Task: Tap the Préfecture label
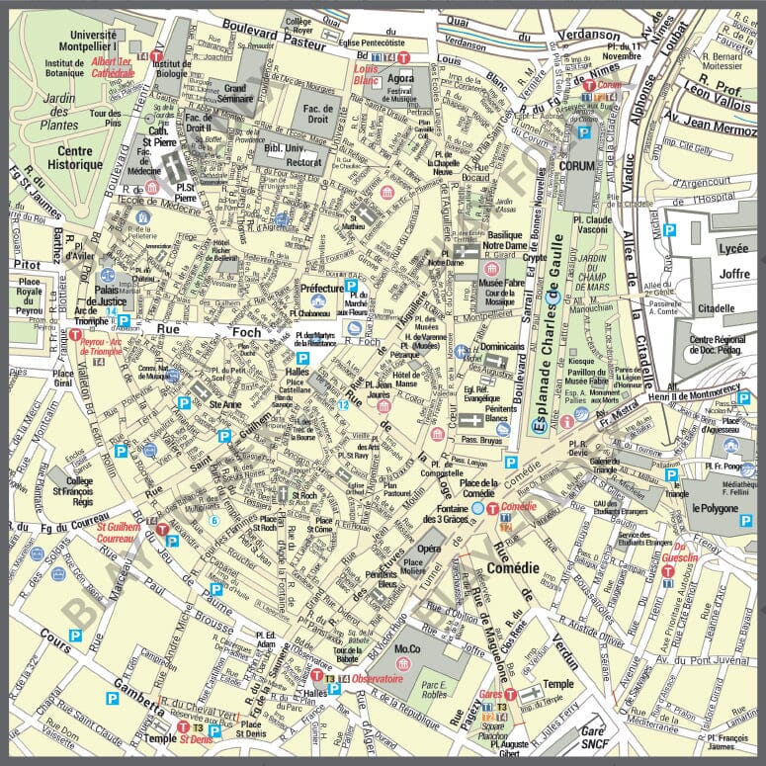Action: click(x=308, y=289)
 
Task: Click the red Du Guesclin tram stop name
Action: click(x=686, y=553)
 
